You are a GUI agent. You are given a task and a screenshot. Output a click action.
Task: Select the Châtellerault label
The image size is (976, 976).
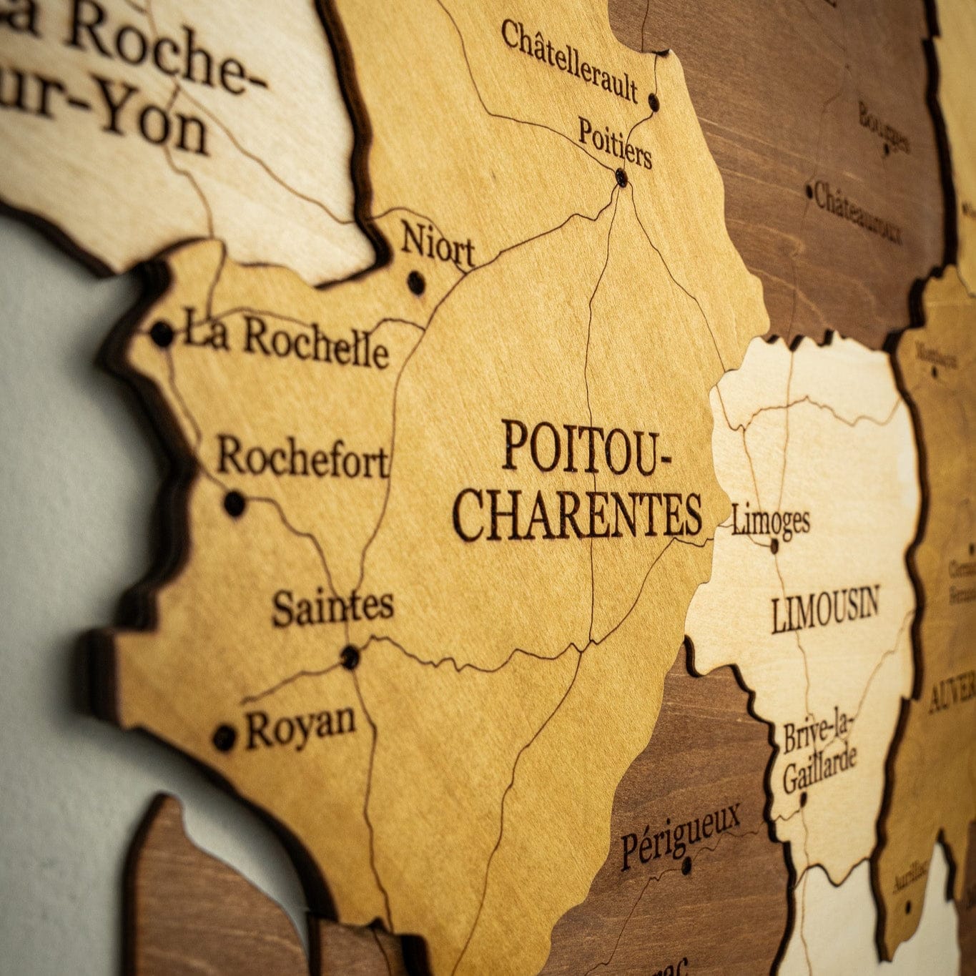coord(569,61)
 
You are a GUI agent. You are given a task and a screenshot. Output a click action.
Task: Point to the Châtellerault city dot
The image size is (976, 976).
coord(654,102)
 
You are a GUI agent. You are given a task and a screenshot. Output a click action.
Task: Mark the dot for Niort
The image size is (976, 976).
coord(415,282)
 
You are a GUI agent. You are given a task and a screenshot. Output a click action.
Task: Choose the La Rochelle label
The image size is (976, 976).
coord(286,341)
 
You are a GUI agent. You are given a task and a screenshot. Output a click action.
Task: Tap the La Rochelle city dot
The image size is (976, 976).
coord(162,333)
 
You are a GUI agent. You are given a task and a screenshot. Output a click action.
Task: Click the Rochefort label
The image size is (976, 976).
coord(303,458)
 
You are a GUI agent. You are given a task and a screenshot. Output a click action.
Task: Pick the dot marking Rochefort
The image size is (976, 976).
coord(235,503)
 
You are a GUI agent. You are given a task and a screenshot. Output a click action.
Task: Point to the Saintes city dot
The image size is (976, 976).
coord(350,656)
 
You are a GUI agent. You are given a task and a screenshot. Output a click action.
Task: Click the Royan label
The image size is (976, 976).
coord(300,725)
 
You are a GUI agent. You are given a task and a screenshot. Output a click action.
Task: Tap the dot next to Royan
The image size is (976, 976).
coord(225,736)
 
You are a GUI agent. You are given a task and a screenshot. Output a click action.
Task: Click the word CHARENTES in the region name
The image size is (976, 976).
coord(578,515)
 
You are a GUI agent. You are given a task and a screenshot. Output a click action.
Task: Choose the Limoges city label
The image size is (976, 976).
coord(771,520)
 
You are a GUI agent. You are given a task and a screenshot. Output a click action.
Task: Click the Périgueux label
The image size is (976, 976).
coord(679,834)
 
